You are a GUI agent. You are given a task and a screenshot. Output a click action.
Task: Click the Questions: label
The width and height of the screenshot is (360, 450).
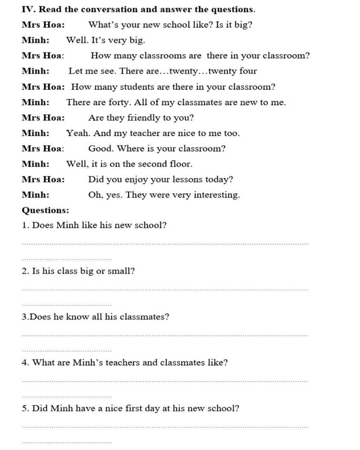tap(45, 210)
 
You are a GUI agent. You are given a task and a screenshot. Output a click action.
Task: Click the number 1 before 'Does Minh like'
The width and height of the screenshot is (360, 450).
tap(24, 225)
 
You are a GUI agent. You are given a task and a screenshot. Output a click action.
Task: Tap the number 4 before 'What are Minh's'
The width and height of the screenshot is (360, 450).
tap(24, 362)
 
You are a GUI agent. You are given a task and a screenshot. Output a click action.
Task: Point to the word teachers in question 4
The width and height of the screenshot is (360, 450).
tap(123, 362)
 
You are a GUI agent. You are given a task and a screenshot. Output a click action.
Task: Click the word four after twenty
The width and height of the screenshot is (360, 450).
tap(248, 71)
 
